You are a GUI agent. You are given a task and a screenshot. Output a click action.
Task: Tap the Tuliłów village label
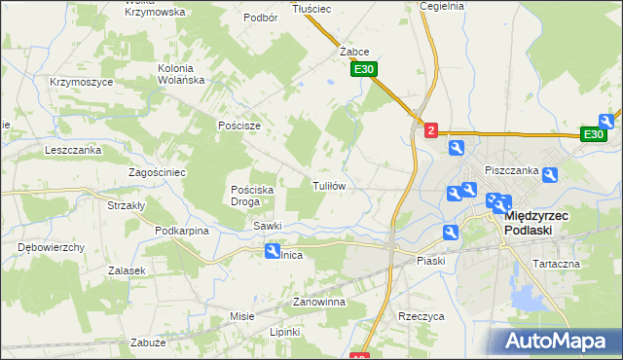[x=329, y=185]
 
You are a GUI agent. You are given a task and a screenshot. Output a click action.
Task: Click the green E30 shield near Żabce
[x=364, y=70]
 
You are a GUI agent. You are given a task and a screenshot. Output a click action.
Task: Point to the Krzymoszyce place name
[x=81, y=82]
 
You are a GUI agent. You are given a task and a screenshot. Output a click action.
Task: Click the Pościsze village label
[x=239, y=126]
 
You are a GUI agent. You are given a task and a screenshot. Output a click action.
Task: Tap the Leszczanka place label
[x=73, y=151]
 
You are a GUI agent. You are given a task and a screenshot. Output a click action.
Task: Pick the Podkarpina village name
[x=183, y=231]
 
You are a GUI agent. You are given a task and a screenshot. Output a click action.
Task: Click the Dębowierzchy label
[x=51, y=247]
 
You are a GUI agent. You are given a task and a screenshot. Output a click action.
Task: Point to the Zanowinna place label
[x=320, y=303]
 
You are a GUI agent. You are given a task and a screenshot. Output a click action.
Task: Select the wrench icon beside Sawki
[x=273, y=251]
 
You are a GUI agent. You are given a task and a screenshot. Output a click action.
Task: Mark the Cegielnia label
[x=442, y=6]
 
